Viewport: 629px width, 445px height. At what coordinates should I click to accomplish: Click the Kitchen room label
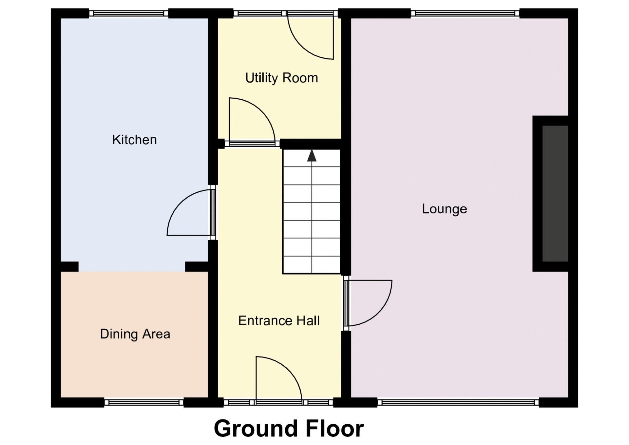click(x=134, y=140)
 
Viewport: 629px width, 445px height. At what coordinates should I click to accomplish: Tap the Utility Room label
click(x=281, y=78)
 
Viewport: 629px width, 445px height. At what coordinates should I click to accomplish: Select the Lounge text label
click(x=444, y=209)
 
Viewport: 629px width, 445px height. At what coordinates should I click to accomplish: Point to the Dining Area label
click(x=135, y=334)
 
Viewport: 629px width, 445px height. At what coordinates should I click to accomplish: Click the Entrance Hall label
click(x=279, y=320)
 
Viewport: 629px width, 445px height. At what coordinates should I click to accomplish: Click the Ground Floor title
click(x=289, y=428)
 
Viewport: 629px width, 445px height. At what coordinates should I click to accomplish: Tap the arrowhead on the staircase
click(x=312, y=156)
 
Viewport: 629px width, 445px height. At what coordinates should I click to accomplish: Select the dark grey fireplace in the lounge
click(x=555, y=194)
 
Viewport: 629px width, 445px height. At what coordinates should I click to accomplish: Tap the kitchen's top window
click(x=128, y=13)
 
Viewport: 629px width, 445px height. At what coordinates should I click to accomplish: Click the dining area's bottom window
click(x=144, y=402)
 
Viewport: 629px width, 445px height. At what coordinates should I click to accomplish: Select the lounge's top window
click(x=465, y=13)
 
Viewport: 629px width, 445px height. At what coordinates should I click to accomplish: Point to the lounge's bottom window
click(x=458, y=402)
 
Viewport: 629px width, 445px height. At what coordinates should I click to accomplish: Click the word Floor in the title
click(x=335, y=428)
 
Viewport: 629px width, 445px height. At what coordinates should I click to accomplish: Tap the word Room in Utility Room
click(x=300, y=78)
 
